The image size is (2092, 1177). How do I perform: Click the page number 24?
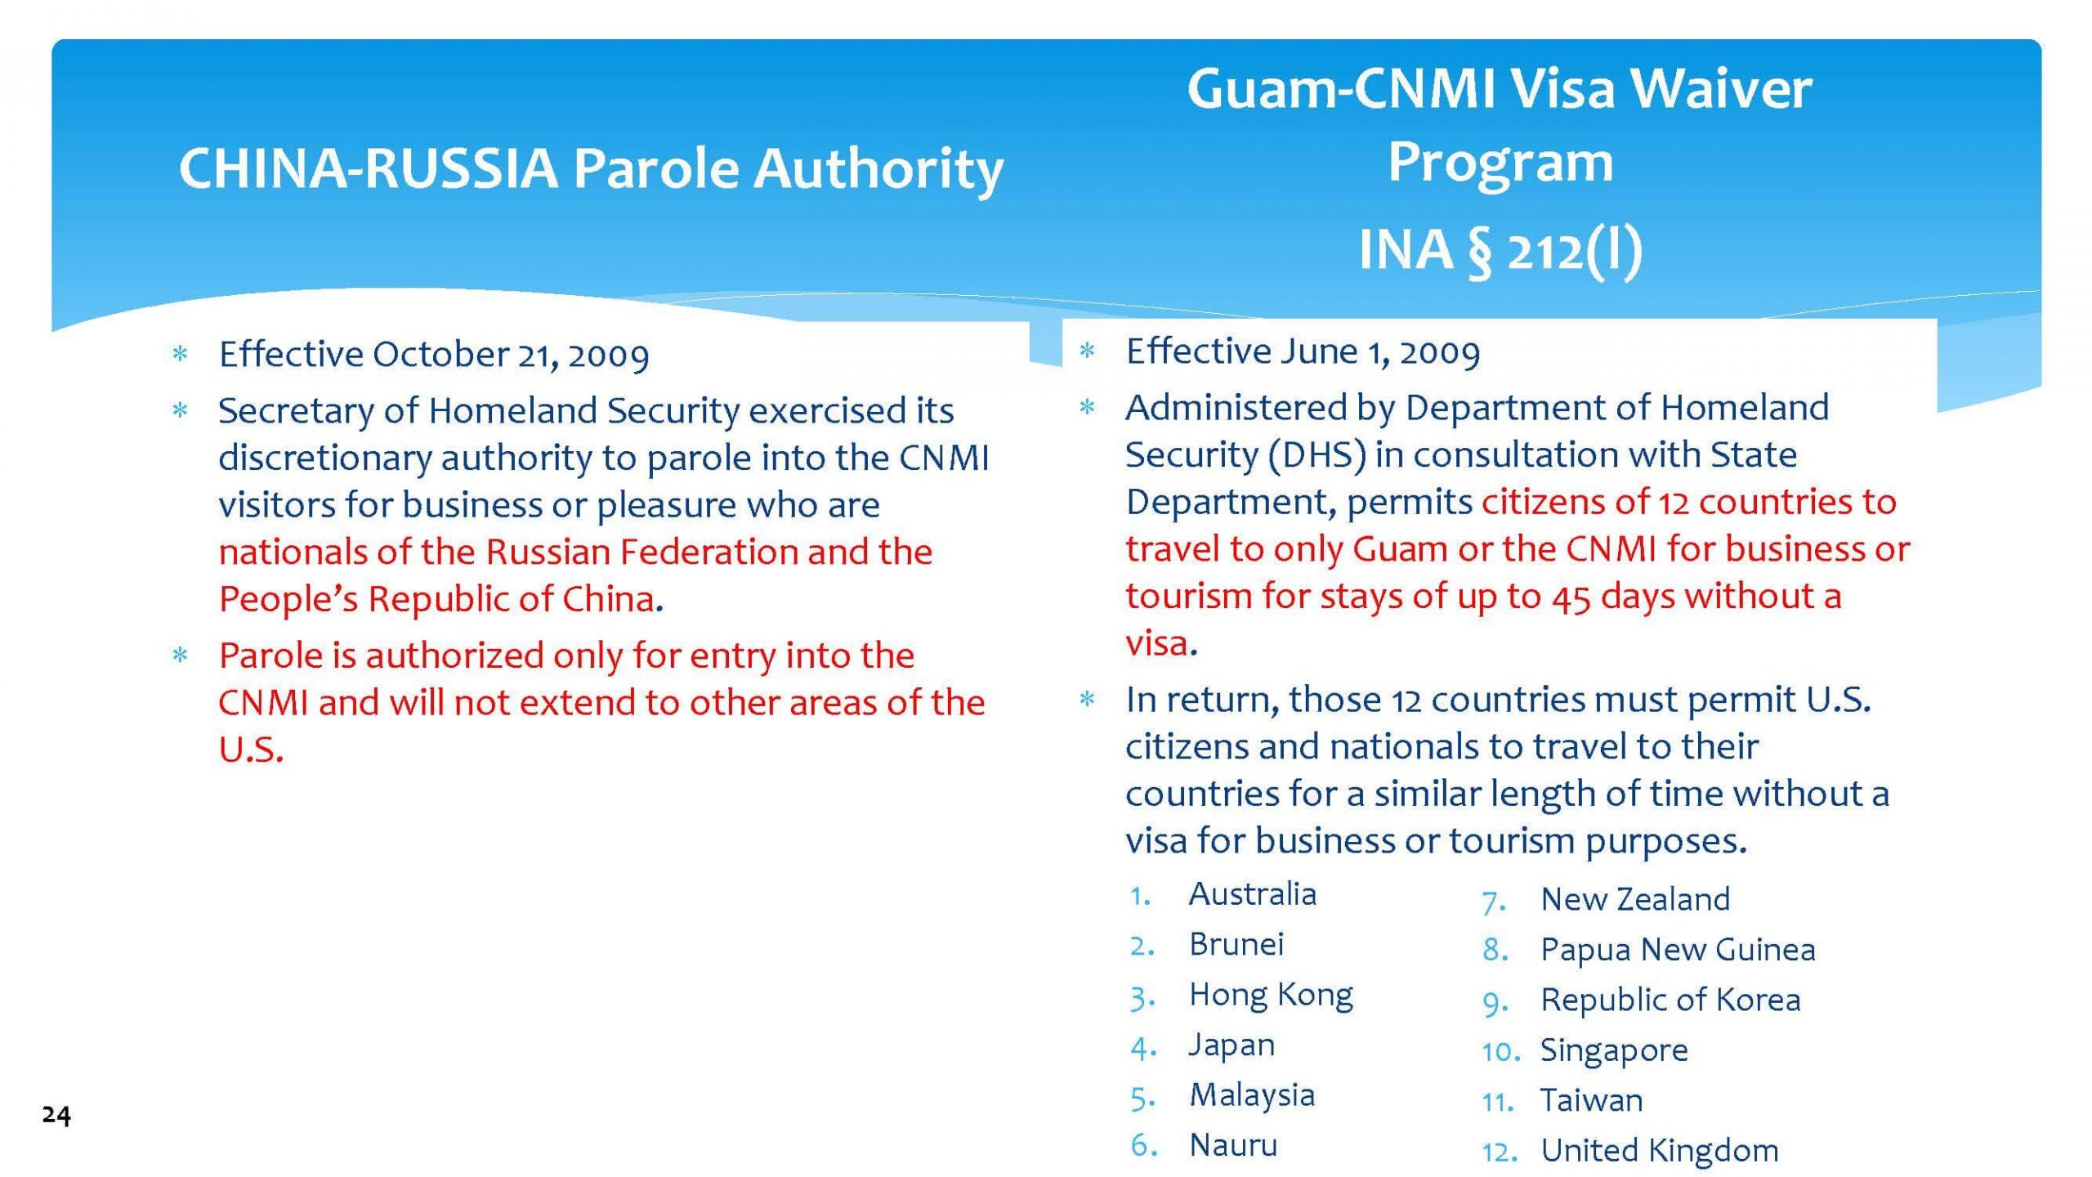[56, 1115]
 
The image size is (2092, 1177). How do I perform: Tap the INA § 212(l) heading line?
[1500, 250]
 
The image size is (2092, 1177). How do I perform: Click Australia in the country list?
[1253, 894]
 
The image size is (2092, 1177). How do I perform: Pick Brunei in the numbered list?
[1236, 945]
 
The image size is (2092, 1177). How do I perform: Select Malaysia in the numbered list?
[1252, 1095]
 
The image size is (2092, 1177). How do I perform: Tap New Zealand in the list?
[1635, 899]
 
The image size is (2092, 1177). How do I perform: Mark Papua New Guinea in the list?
[1678, 950]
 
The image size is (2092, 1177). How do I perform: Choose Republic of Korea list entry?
[1670, 1000]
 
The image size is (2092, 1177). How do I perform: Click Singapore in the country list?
[1614, 1051]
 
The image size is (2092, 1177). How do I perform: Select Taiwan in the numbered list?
[1591, 1101]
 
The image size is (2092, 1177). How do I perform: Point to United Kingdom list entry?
[1660, 1151]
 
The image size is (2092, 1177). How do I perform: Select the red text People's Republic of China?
[436, 599]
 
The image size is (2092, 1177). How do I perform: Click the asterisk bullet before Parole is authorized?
[180, 655]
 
